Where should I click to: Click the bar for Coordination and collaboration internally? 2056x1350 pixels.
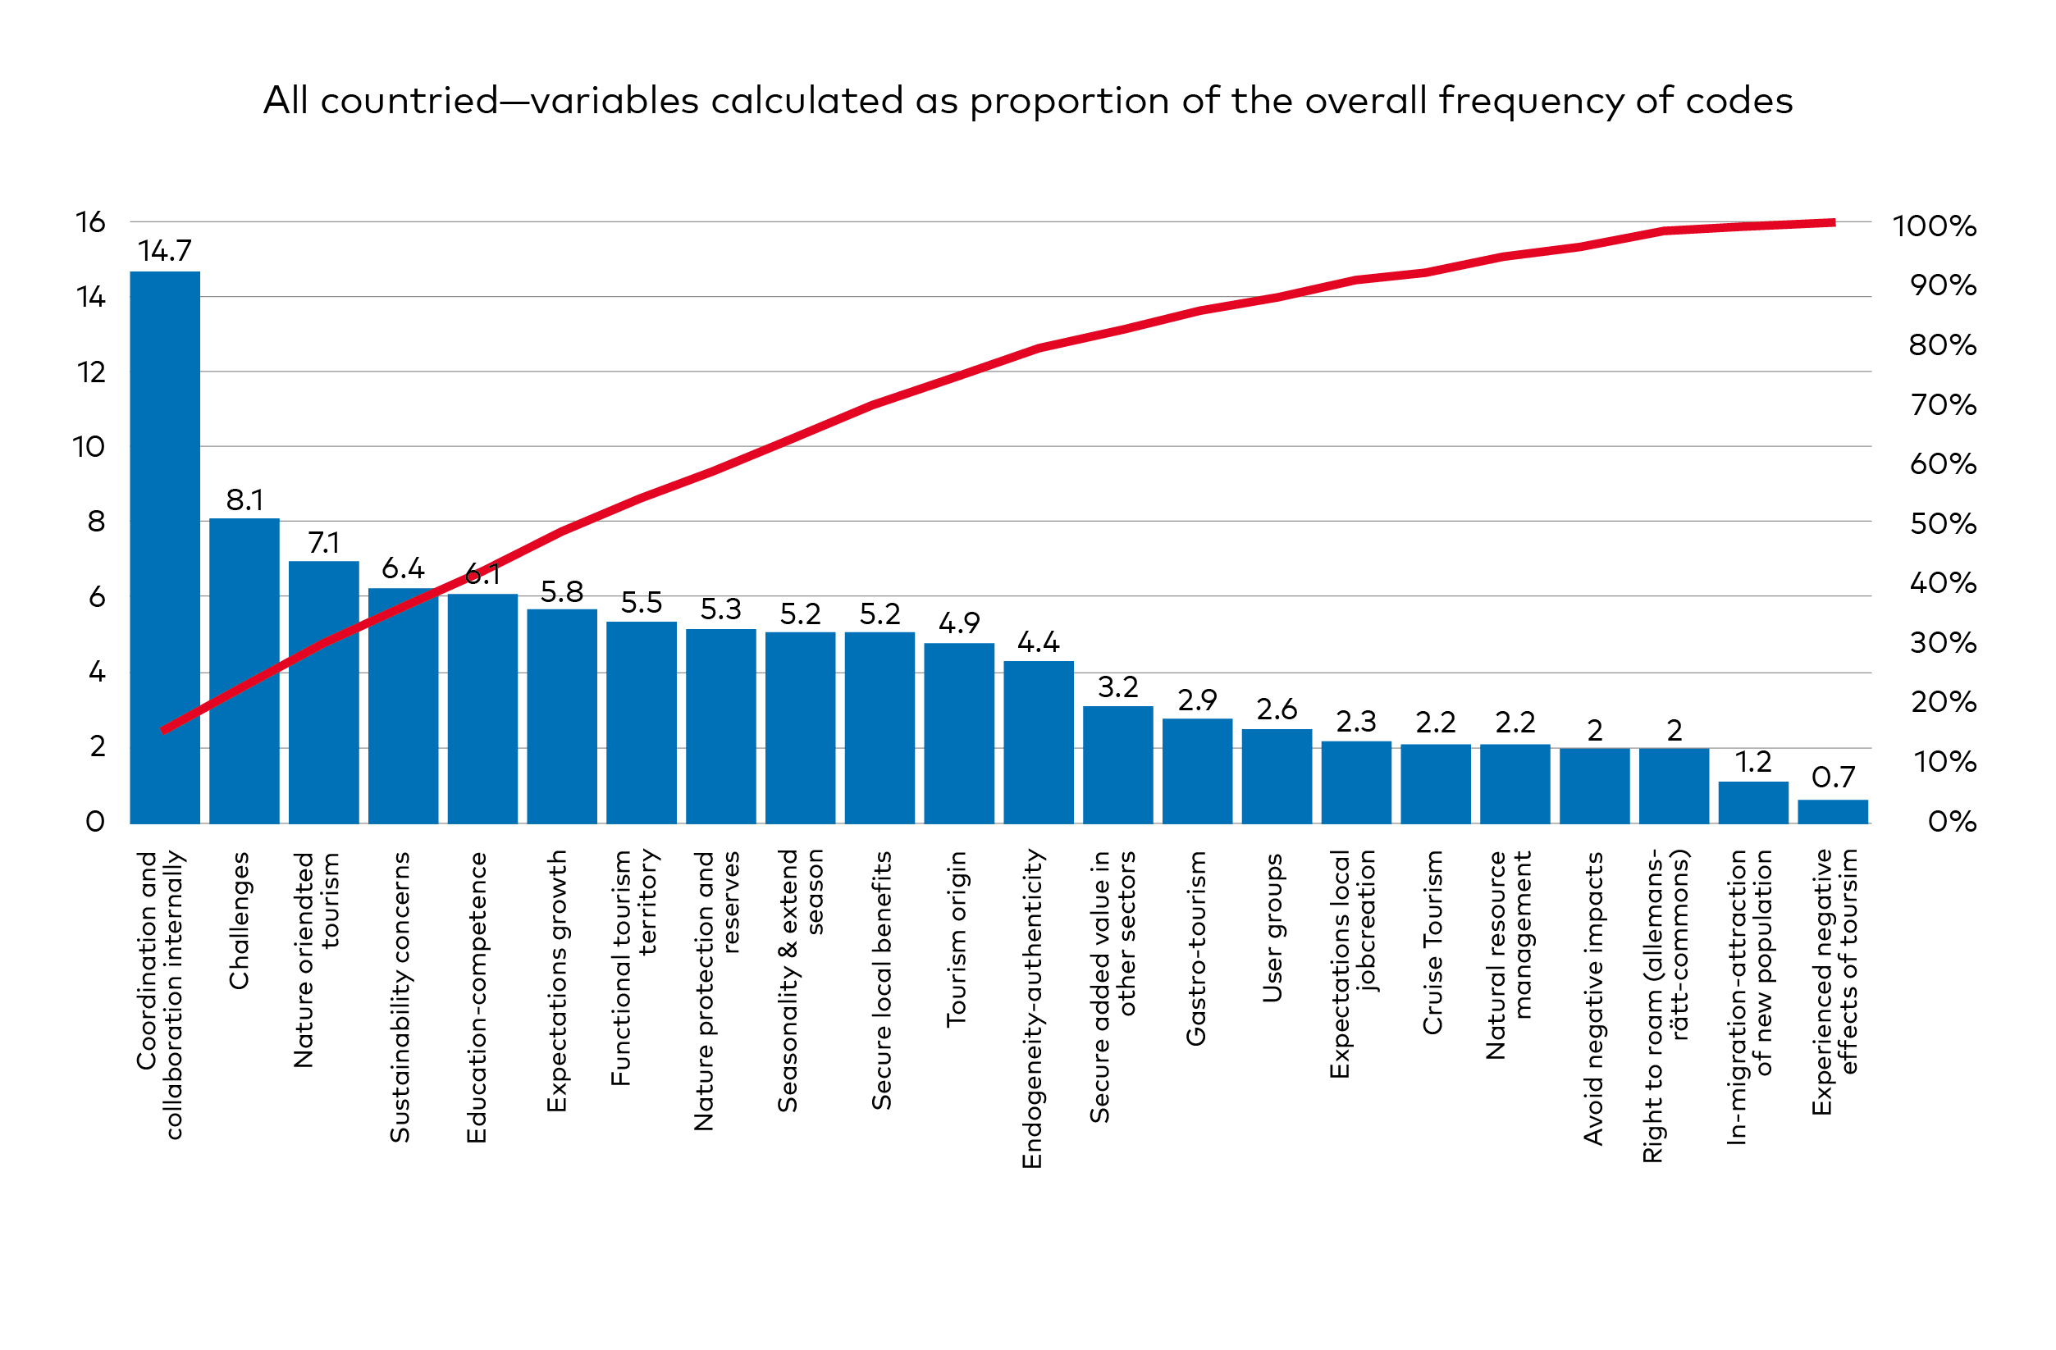[x=165, y=548]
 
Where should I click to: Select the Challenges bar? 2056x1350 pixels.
[x=244, y=671]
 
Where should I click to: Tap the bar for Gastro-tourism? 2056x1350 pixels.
[x=1197, y=771]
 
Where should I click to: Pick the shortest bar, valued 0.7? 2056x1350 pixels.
[x=1832, y=812]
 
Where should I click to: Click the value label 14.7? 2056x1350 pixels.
[x=164, y=251]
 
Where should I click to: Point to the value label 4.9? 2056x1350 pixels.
[x=959, y=623]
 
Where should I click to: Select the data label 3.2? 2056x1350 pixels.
[x=1118, y=687]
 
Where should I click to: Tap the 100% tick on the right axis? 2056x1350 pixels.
[x=1933, y=227]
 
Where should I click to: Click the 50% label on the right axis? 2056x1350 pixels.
[x=1943, y=524]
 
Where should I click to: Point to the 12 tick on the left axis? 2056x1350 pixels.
[x=91, y=372]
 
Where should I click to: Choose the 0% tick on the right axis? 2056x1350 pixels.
[x=1952, y=822]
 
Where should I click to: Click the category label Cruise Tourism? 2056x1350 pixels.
[x=1433, y=942]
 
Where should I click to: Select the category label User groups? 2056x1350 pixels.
[x=1272, y=928]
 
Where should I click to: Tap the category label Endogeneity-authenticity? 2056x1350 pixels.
[x=1032, y=1009]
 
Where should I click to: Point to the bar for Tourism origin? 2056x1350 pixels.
[x=959, y=733]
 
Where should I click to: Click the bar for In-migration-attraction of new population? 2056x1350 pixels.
[x=1752, y=802]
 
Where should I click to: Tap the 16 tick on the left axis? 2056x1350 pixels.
[x=91, y=223]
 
